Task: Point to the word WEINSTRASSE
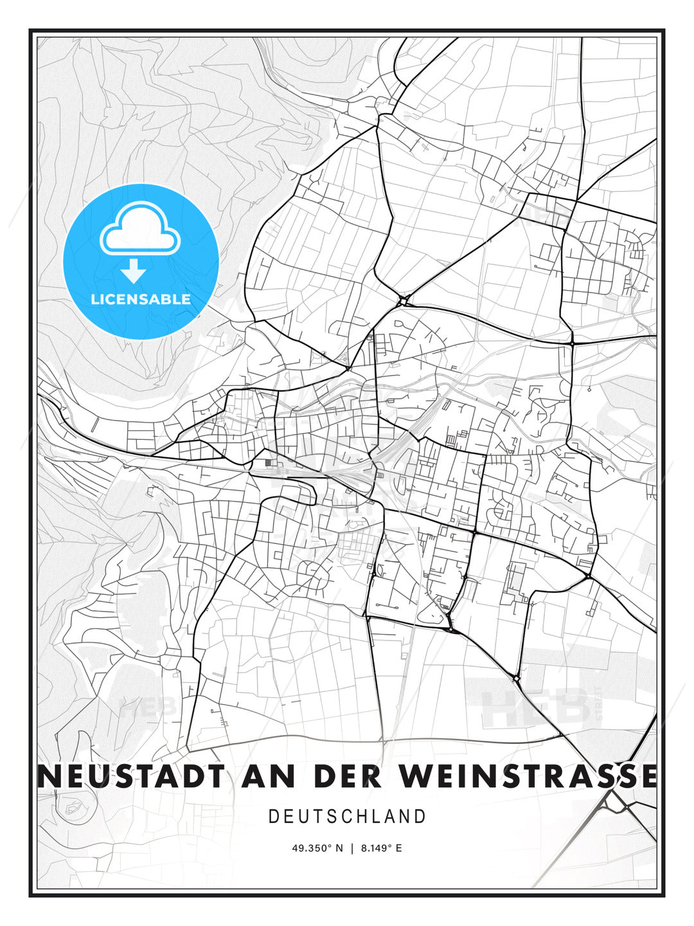(528, 776)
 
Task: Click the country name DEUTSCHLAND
(347, 817)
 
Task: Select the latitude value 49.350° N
(317, 848)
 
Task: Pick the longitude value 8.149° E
(381, 848)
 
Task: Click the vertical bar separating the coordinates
(352, 848)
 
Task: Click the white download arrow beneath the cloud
(134, 271)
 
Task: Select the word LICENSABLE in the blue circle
(141, 299)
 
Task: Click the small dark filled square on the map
(267, 462)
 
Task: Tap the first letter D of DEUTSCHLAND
(273, 817)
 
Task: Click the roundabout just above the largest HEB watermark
(516, 678)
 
